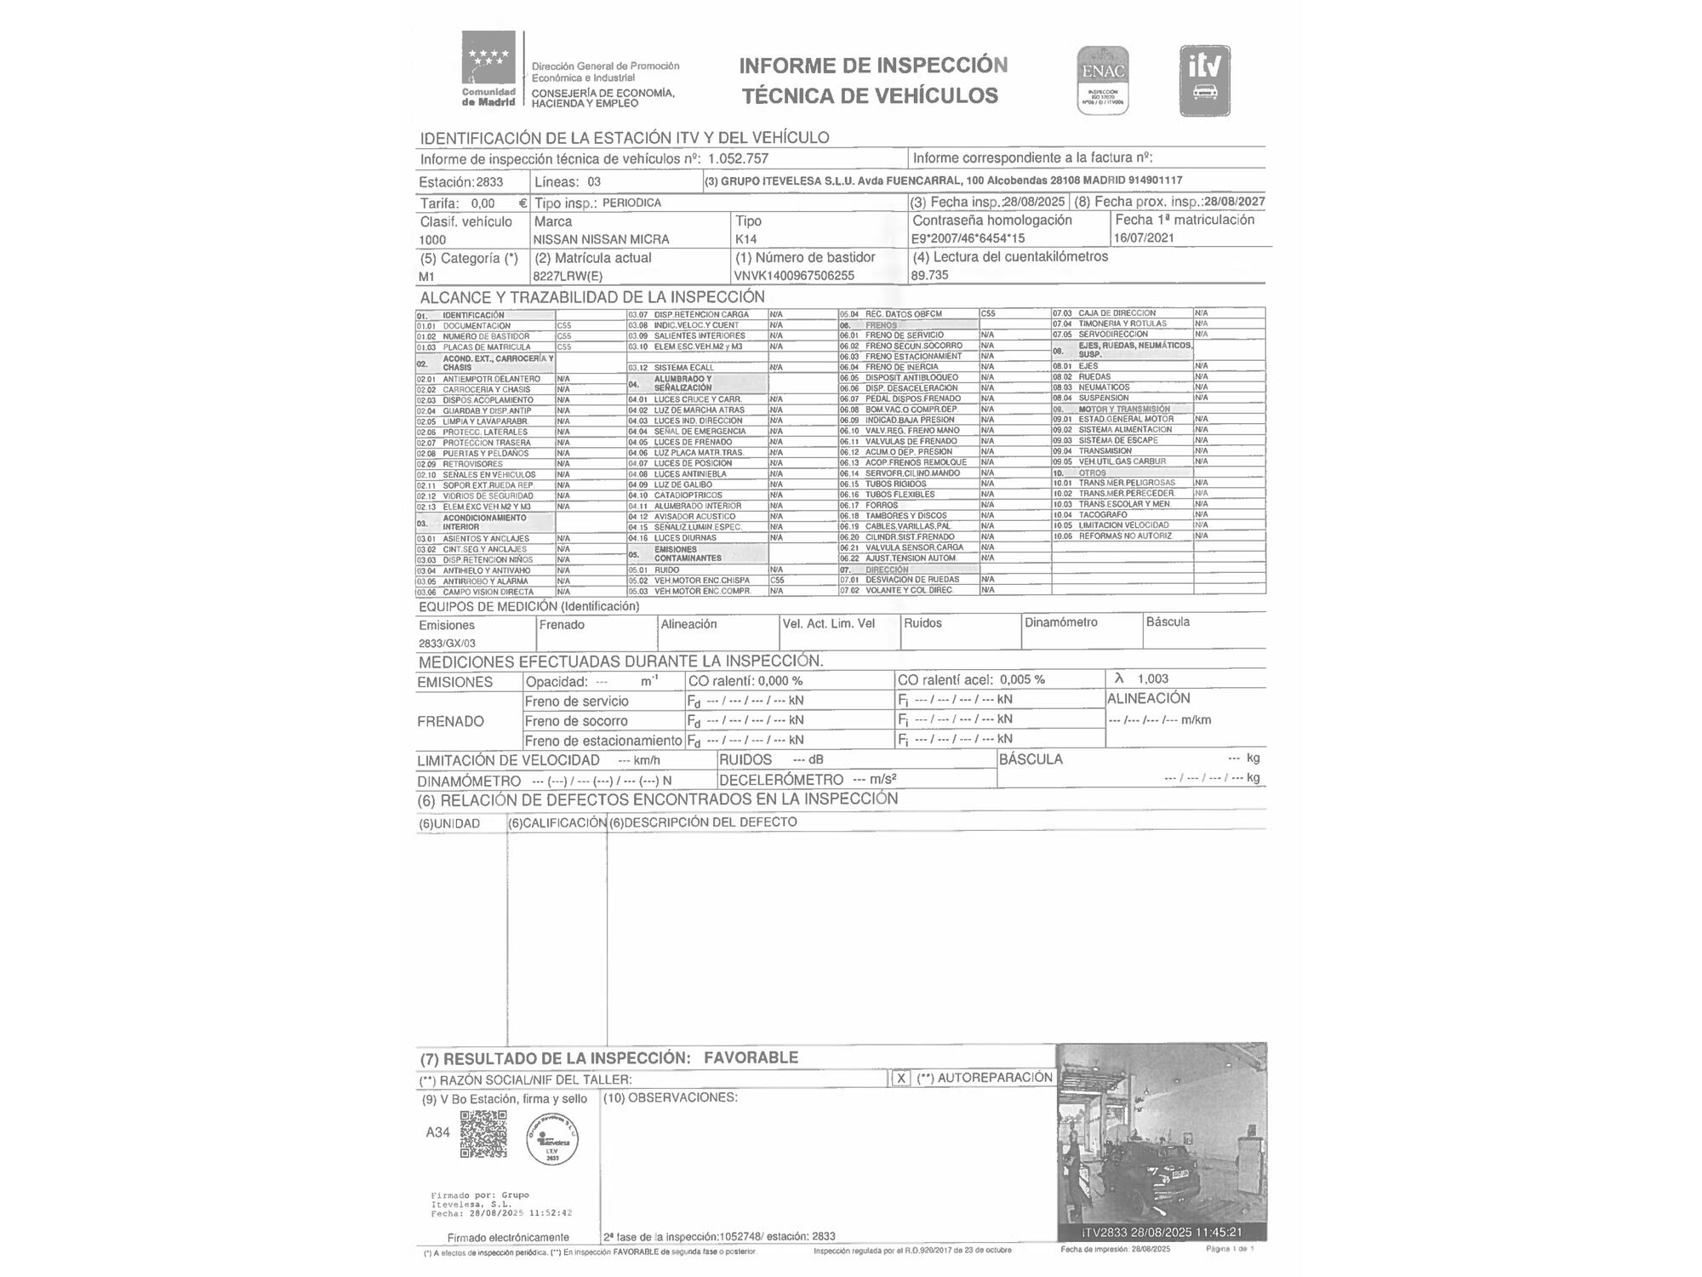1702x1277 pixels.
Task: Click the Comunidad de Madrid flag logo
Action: [488, 58]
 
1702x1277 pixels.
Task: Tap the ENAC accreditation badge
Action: [1103, 80]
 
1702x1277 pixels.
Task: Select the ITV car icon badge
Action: [1204, 81]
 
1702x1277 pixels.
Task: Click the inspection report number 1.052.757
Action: [738, 158]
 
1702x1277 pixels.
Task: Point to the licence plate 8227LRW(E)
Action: [568, 276]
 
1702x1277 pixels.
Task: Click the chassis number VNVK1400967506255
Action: [793, 276]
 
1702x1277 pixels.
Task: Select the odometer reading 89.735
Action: [929, 275]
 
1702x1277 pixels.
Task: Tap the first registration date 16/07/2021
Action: [1144, 238]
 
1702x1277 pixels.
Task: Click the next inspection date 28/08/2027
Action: [1235, 202]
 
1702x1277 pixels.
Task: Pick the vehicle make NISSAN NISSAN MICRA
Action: [601, 239]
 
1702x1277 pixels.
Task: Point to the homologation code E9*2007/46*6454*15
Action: [968, 238]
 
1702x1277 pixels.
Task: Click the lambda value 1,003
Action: [1152, 679]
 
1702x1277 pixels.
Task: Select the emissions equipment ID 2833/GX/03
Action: [447, 644]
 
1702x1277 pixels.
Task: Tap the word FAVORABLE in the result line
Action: [751, 1057]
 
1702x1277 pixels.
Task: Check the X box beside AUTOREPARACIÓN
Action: [900, 1078]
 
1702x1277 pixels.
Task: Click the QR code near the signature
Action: [483, 1134]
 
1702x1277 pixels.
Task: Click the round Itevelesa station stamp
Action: [551, 1138]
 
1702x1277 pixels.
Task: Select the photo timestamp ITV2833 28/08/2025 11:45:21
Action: [1162, 1232]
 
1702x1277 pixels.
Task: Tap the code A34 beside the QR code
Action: [437, 1132]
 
